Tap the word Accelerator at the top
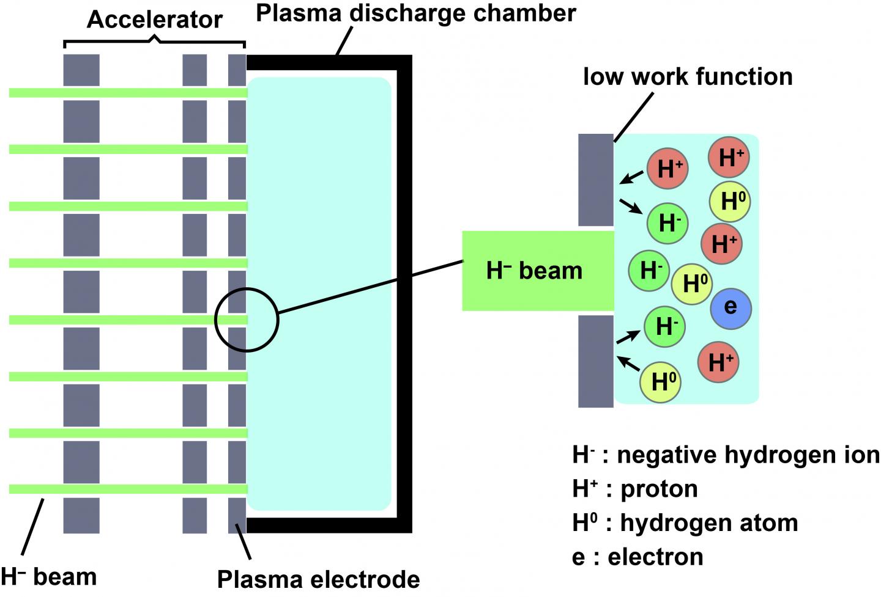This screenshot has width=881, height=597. (x=154, y=20)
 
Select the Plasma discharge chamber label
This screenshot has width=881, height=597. (x=416, y=13)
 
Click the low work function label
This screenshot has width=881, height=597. (x=688, y=77)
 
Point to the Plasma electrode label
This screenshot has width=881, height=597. (x=318, y=579)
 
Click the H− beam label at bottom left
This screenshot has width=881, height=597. (x=49, y=576)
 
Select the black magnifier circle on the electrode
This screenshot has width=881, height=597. (x=247, y=320)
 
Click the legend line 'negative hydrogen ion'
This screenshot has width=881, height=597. (x=726, y=455)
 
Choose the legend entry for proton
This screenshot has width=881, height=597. (x=635, y=489)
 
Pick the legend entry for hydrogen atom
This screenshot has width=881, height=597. (x=685, y=523)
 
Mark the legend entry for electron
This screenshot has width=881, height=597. (x=638, y=557)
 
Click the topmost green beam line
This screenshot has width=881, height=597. (x=128, y=93)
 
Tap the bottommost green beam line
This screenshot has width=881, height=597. (x=128, y=489)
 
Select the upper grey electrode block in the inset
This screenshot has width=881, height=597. (x=596, y=180)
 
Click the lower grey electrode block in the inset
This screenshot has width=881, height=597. (x=596, y=361)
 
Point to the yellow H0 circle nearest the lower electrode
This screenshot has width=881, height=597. (x=660, y=382)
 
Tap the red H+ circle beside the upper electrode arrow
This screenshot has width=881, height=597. (x=668, y=169)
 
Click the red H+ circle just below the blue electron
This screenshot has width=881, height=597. (x=718, y=362)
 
